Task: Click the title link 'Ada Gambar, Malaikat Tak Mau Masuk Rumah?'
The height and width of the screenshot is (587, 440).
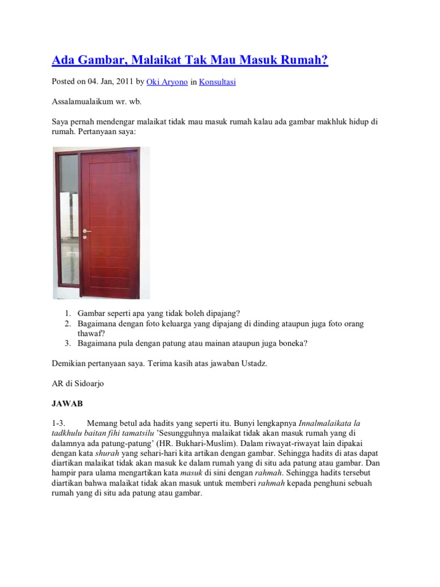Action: point(190,60)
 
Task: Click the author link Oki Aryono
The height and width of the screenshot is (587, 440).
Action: point(167,82)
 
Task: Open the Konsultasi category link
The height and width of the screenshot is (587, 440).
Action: point(217,82)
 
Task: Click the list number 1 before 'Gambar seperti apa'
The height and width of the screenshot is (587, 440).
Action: point(67,314)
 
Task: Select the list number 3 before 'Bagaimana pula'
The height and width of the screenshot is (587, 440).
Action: point(67,343)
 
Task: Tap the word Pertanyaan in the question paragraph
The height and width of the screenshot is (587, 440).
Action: point(100,132)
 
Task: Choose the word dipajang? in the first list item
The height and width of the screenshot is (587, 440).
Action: point(221,314)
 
